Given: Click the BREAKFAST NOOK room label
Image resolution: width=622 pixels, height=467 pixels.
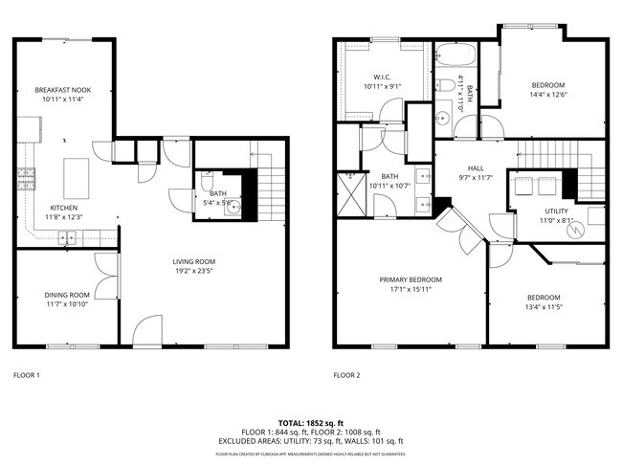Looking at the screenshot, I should [x=62, y=89].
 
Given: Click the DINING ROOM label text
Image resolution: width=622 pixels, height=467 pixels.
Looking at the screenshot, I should [x=66, y=295].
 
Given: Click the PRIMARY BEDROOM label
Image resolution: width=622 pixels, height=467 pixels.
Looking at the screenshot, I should [x=411, y=279].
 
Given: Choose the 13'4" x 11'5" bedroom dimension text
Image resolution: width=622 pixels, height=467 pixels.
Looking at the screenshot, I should [x=543, y=308].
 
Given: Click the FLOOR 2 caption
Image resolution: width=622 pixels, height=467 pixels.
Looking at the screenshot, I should [x=346, y=375].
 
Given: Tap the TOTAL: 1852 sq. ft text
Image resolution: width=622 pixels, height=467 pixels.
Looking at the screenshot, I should [x=311, y=421].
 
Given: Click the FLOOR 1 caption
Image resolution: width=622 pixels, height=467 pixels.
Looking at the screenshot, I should [x=26, y=375].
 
